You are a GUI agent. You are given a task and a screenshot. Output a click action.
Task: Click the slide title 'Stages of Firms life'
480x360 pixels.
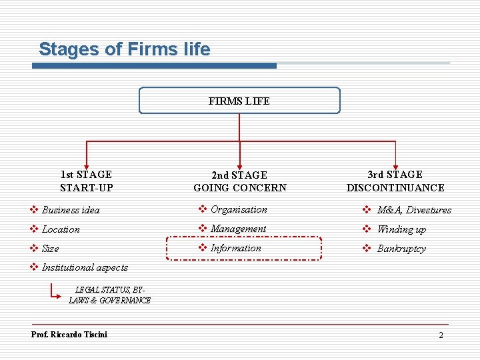[125, 49]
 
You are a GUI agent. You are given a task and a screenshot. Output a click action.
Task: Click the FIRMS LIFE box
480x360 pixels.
[239, 101]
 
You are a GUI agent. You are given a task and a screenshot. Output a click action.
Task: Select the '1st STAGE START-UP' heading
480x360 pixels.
[86, 181]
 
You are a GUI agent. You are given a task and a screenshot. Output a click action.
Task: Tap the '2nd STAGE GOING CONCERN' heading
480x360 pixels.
[239, 181]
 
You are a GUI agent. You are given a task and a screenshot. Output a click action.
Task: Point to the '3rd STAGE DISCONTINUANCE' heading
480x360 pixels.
[395, 181]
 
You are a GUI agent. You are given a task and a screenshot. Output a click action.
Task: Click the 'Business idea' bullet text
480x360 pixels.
[71, 210]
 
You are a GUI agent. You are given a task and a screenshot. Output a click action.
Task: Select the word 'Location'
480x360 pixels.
[61, 229]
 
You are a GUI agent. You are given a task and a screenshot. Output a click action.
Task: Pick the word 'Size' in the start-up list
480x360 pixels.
[51, 249]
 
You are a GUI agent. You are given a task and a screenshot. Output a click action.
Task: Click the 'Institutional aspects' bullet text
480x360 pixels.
[85, 267]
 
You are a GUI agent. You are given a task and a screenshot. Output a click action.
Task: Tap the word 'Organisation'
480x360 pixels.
[239, 209]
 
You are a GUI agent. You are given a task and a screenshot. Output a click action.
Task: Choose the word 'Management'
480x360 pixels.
[238, 229]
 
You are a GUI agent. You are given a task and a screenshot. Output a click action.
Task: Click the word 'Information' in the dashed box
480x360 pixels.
[236, 248]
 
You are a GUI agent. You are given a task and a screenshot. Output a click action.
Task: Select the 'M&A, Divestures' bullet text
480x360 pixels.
[414, 210]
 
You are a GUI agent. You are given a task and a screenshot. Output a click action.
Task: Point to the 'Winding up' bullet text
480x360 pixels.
[401, 229]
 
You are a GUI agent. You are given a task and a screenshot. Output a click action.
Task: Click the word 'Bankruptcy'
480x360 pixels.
[401, 249]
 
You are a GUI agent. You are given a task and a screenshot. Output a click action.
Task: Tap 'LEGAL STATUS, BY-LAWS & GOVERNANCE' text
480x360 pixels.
[109, 295]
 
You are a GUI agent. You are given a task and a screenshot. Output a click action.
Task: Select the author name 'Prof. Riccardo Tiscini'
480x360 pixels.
[69, 334]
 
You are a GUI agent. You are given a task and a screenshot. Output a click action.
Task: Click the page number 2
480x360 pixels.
[441, 335]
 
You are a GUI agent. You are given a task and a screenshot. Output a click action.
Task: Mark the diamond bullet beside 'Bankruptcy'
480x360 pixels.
[366, 249]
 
